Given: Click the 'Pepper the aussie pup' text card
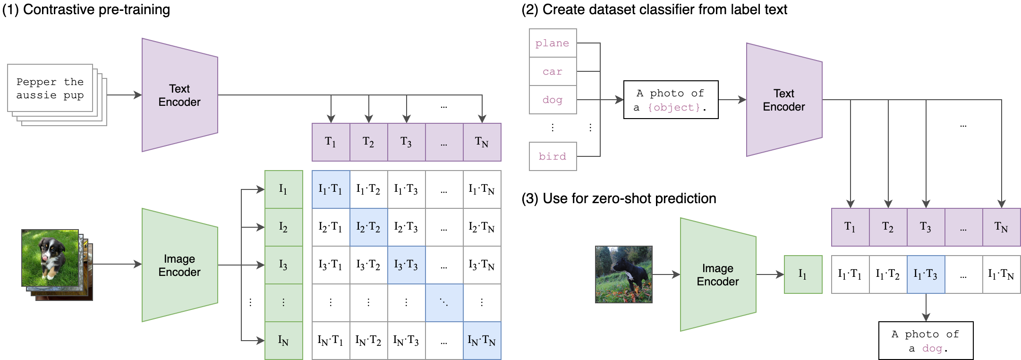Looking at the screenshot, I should (50, 88).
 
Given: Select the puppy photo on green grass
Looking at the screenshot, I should (50, 257).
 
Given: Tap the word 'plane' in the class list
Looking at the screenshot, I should (552, 43).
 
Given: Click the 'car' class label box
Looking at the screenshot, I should (553, 71).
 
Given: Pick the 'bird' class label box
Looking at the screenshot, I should (553, 156).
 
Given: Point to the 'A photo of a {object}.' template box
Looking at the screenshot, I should (671, 100).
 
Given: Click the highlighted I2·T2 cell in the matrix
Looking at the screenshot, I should (368, 227).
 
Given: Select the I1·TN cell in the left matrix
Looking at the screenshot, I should (482, 189).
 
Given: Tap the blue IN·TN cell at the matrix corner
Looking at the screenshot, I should (482, 341).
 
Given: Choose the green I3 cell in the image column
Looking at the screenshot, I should (283, 265).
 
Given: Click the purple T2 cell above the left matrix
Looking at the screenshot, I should (368, 142).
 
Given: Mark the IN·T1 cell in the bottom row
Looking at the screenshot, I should (331, 341).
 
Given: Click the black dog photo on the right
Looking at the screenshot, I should (623, 274).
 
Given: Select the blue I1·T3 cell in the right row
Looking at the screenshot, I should (926, 274).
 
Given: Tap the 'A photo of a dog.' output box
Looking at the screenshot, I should (926, 341).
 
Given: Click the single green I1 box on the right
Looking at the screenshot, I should (803, 274).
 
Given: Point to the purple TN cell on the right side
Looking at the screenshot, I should (1001, 227).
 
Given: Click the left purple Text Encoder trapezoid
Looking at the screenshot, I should (179, 95).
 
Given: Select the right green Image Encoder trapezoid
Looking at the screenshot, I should (718, 274).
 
